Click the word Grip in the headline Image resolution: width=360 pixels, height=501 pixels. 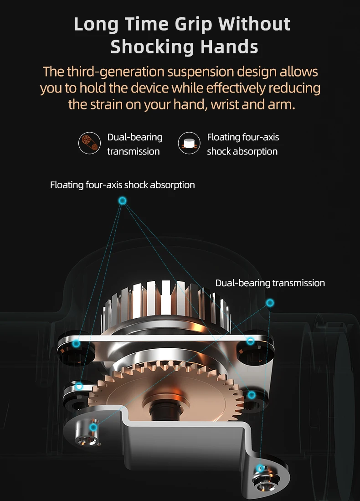click(193, 25)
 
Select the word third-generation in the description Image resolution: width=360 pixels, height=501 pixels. click(116, 72)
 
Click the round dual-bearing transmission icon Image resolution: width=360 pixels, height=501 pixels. click(89, 143)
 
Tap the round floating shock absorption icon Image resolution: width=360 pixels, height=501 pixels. click(189, 143)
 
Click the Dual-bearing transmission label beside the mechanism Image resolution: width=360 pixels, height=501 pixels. click(270, 283)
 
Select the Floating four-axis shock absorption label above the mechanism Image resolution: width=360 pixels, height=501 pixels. click(122, 185)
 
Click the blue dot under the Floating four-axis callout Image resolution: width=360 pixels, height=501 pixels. click(122, 201)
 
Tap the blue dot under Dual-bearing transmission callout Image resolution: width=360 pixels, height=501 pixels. click(270, 303)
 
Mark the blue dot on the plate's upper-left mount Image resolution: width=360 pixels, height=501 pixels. click(76, 343)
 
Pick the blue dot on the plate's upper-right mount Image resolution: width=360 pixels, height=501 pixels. click(251, 341)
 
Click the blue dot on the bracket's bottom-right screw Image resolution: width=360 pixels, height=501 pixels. click(260, 469)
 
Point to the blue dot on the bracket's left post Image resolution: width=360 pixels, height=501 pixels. click(93, 428)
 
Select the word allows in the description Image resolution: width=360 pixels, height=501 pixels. click(298, 72)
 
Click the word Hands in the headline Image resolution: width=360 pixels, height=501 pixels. click(229, 46)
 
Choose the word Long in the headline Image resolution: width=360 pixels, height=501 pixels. click(96, 25)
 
